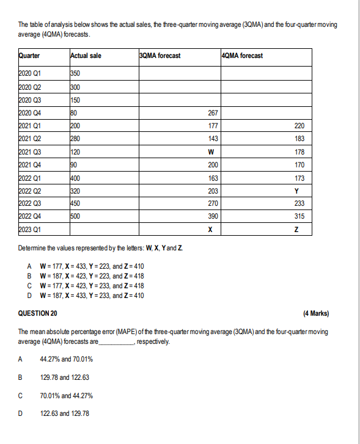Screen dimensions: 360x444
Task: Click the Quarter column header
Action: coord(30,56)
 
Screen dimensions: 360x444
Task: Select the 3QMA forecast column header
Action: coord(160,56)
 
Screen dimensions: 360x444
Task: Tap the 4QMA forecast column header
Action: coord(243,56)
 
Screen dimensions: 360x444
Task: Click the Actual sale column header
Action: coord(86,56)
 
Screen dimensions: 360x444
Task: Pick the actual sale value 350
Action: coord(76,74)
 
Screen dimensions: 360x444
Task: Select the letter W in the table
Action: coord(211,152)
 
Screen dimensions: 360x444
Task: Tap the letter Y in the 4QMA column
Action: coord(296,191)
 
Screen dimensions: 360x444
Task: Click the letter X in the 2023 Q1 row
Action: coord(211,230)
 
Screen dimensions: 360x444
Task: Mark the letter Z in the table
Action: coord(296,230)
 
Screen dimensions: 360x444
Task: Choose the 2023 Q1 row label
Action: coord(32,230)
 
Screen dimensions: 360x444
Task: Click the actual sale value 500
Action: coord(76,216)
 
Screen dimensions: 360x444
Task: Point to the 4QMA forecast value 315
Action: coord(299,217)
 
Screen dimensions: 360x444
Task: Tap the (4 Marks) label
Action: coord(315,314)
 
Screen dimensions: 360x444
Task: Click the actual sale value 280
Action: coord(76,139)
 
